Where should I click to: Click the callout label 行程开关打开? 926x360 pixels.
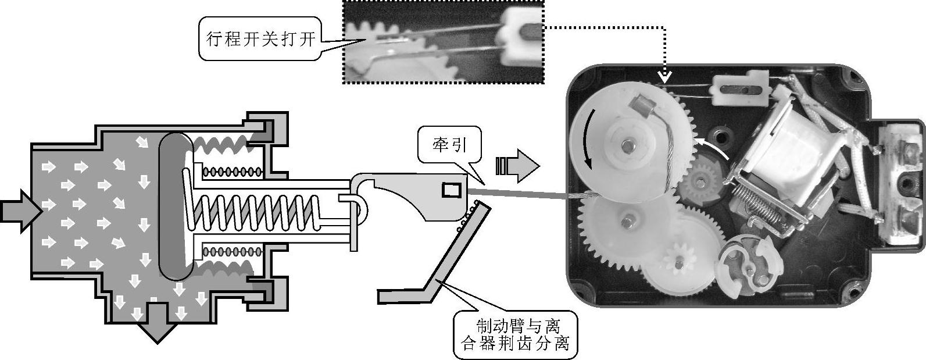260,39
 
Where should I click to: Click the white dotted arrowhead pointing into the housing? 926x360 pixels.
664,76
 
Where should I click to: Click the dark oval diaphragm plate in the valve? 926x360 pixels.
176,206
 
